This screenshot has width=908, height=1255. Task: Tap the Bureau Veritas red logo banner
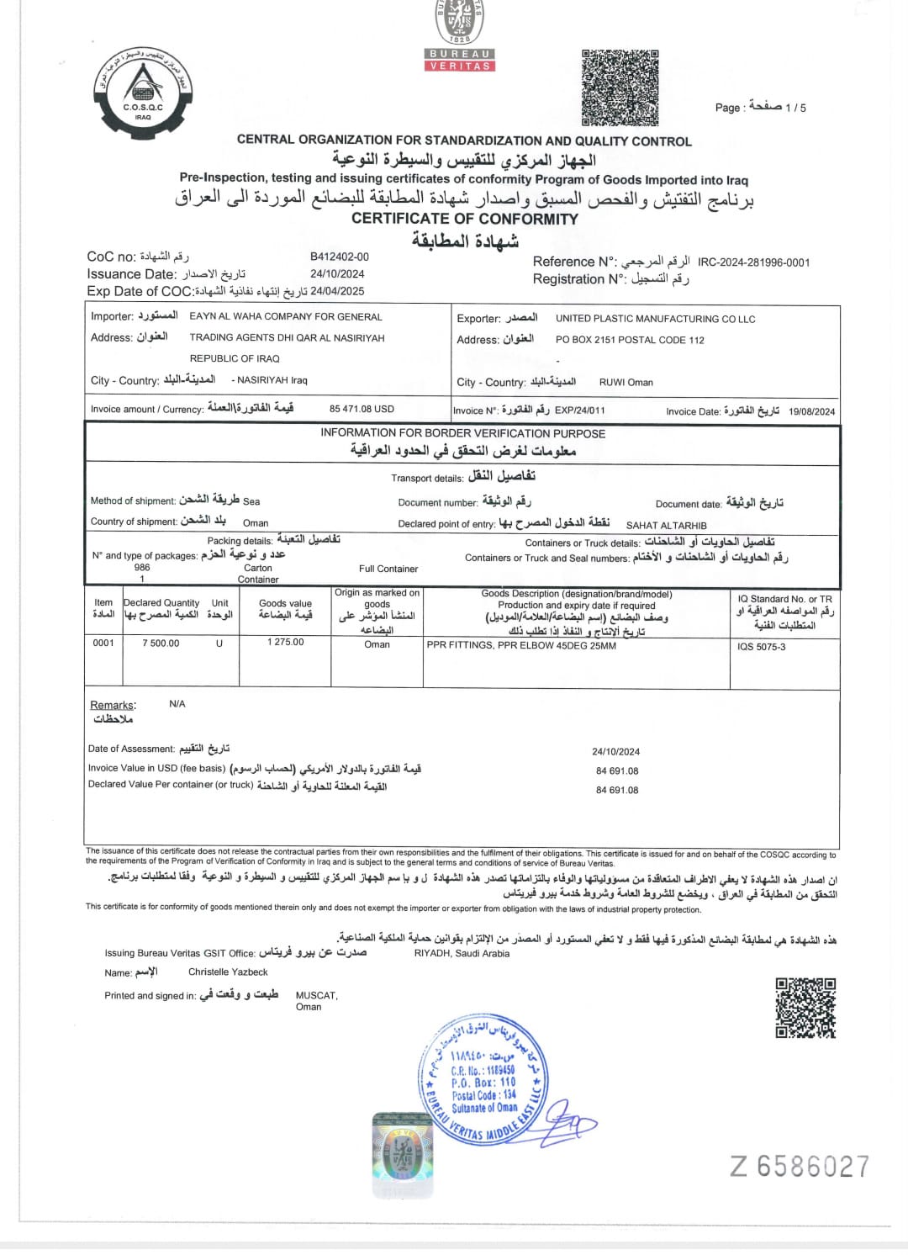pos(459,60)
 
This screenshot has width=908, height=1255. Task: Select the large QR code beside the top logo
pos(620,87)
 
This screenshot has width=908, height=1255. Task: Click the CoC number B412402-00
pos(340,257)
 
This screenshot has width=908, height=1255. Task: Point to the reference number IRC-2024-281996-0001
pos(753,262)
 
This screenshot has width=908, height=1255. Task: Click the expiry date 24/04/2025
pos(337,291)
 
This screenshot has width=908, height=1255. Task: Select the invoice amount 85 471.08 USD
pos(362,409)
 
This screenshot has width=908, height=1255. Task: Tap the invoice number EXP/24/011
pos(579,410)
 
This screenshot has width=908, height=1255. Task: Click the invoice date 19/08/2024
pos(811,411)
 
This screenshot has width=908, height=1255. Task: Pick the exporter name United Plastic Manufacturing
pos(655,319)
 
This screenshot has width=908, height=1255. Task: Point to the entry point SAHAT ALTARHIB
pos(666,525)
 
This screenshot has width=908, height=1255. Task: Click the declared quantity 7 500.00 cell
pos(161,643)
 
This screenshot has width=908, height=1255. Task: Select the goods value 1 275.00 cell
pos(286,642)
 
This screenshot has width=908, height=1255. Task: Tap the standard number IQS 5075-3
pos(762,647)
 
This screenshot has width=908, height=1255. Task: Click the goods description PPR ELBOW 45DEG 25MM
pos(521,646)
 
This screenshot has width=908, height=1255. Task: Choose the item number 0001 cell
pos(103,643)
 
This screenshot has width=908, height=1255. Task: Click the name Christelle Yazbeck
pos(228,972)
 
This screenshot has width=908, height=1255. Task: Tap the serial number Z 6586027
pos(800,1167)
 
